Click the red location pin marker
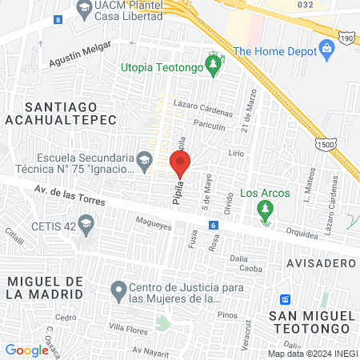180,165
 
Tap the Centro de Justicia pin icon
118,289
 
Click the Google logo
26,350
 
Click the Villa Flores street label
127,328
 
